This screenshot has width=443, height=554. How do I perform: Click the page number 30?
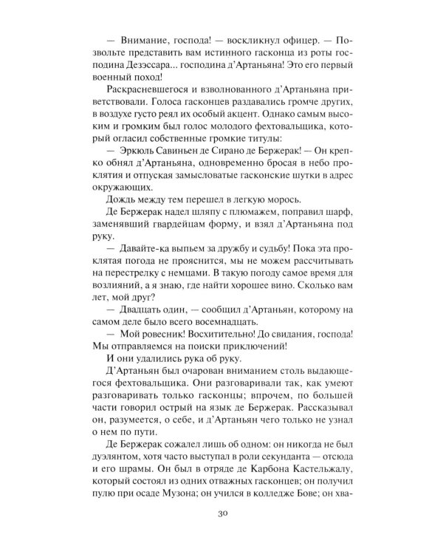[221, 516]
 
